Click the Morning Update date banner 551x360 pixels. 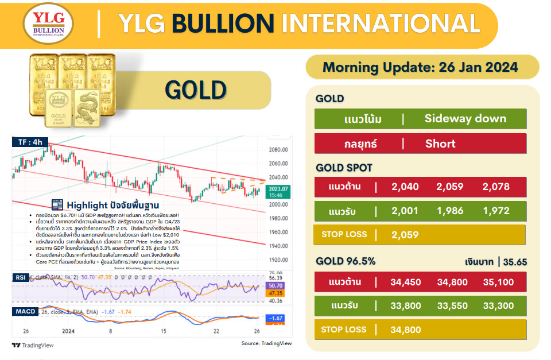[421, 67]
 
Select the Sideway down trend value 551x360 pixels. [465, 119]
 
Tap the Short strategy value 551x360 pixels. [440, 144]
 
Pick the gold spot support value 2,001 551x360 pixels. [405, 211]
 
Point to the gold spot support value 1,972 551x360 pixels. [496, 211]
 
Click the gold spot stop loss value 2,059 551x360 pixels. [405, 234]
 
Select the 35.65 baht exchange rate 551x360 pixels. [515, 262]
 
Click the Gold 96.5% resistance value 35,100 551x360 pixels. [498, 282]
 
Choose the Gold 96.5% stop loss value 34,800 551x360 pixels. [406, 330]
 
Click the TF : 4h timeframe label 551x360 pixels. [30, 141]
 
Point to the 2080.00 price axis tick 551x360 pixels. [278, 149]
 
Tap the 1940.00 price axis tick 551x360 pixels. [278, 246]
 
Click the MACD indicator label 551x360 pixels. [25, 312]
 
